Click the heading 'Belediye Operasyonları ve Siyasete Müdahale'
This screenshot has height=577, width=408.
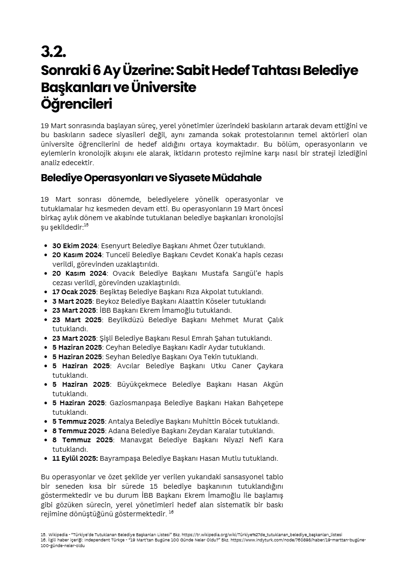pos(151,178)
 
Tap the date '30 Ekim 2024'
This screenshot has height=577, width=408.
pos(74,246)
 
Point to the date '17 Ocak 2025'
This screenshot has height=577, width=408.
pos(74,292)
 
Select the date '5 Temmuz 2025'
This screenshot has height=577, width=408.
pos(78,421)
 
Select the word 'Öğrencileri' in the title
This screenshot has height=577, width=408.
pos(76,104)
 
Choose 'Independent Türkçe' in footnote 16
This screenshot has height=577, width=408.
pos(101,540)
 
